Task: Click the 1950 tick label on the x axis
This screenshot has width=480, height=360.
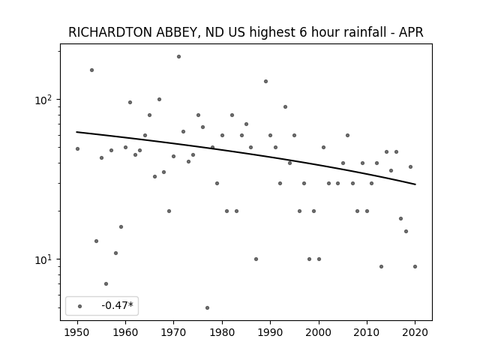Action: pyautogui.click(x=77, y=332)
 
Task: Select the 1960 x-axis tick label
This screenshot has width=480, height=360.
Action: pyautogui.click(x=125, y=332)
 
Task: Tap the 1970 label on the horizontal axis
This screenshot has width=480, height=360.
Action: pyautogui.click(x=174, y=332)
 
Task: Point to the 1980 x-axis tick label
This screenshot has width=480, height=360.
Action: pyautogui.click(x=222, y=332)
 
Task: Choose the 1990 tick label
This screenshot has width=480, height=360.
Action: pyautogui.click(x=270, y=332)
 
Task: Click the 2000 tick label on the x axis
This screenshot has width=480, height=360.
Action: pyautogui.click(x=319, y=332)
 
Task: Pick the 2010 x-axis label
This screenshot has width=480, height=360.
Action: pyautogui.click(x=367, y=332)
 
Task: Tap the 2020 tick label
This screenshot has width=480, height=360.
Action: pyautogui.click(x=415, y=332)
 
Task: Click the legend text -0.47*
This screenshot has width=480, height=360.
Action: pyautogui.click(x=118, y=305)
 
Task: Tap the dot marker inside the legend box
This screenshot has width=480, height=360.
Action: pyautogui.click(x=80, y=306)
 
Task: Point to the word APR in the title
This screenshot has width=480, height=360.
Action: pyautogui.click(x=411, y=32)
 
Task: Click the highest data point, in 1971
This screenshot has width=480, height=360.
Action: pyautogui.click(x=178, y=57)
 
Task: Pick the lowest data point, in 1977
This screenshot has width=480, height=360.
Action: pyautogui.click(x=207, y=307)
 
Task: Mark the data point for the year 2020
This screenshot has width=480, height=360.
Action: pyautogui.click(x=415, y=267)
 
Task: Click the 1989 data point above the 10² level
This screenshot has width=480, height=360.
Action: pyautogui.click(x=265, y=82)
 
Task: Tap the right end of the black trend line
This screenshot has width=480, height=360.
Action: pyautogui.click(x=415, y=184)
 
